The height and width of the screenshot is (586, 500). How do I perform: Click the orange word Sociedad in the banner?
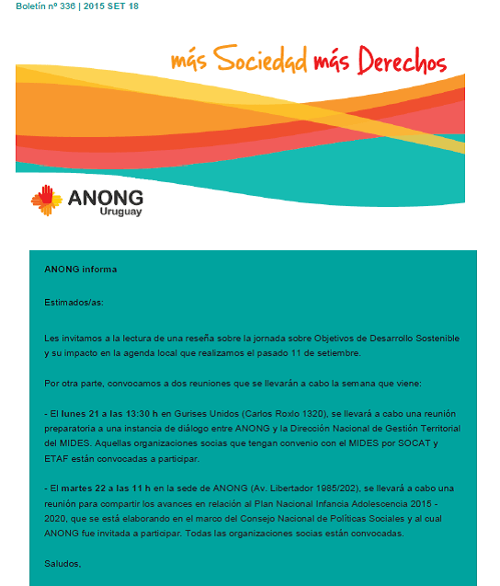click(x=260, y=62)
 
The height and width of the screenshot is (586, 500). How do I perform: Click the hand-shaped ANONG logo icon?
click(x=46, y=199)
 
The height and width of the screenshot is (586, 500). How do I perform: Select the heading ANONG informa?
click(x=81, y=269)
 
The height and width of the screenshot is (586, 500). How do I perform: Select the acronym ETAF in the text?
click(x=57, y=457)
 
